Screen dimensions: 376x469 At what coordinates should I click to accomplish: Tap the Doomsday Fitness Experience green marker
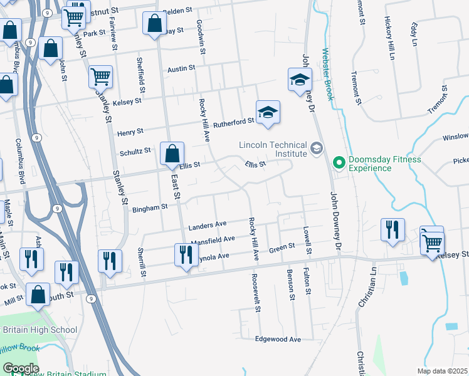pyautogui.click(x=340, y=164)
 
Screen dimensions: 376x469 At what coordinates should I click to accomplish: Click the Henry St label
pyautogui.click(x=130, y=132)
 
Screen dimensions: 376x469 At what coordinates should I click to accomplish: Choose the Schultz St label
pyautogui.click(x=135, y=150)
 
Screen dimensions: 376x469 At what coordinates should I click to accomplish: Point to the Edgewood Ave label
pyautogui.click(x=278, y=339)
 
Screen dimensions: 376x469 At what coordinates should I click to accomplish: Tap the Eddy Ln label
pyautogui.click(x=414, y=34)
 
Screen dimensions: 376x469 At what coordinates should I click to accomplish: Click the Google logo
pyautogui.click(x=20, y=368)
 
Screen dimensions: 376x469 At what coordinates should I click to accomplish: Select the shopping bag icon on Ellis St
pyautogui.click(x=171, y=154)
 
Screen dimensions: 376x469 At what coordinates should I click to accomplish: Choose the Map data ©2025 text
pyautogui.click(x=441, y=371)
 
